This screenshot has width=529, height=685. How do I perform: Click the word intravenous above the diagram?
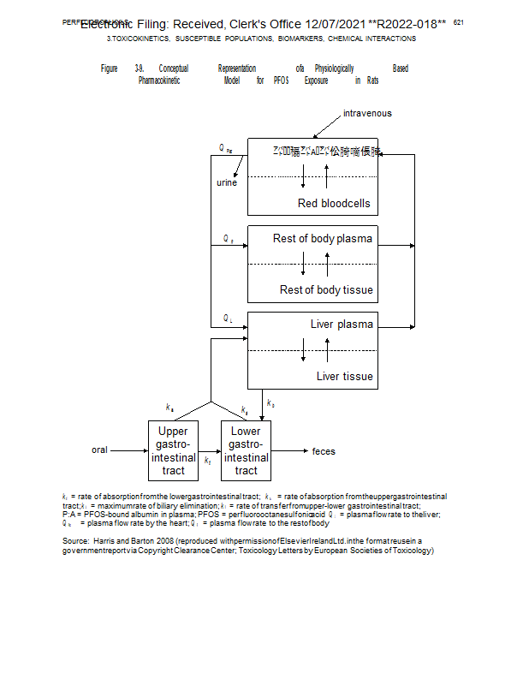tap(367, 113)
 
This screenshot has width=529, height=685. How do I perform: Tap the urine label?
tap(227, 182)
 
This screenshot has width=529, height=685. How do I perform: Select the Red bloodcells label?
tap(334, 204)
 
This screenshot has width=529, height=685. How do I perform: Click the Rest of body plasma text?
tap(323, 239)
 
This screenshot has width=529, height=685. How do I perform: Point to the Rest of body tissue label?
tap(326, 290)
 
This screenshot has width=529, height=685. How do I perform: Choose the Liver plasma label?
tap(342, 325)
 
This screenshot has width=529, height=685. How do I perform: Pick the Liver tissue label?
tap(344, 377)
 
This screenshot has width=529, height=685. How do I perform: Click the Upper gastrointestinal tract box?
tap(174, 450)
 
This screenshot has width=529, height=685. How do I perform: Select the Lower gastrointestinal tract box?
tap(246, 450)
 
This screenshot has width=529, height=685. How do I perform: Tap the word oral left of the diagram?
tap(100, 450)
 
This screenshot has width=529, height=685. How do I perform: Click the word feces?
tap(324, 451)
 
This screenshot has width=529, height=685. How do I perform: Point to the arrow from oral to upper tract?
tap(129, 450)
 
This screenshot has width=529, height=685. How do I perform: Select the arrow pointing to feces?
tap(289, 450)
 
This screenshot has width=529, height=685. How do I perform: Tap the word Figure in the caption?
tap(109, 68)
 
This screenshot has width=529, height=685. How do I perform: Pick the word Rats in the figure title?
tap(372, 80)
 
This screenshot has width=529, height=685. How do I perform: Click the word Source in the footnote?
tap(75, 542)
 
